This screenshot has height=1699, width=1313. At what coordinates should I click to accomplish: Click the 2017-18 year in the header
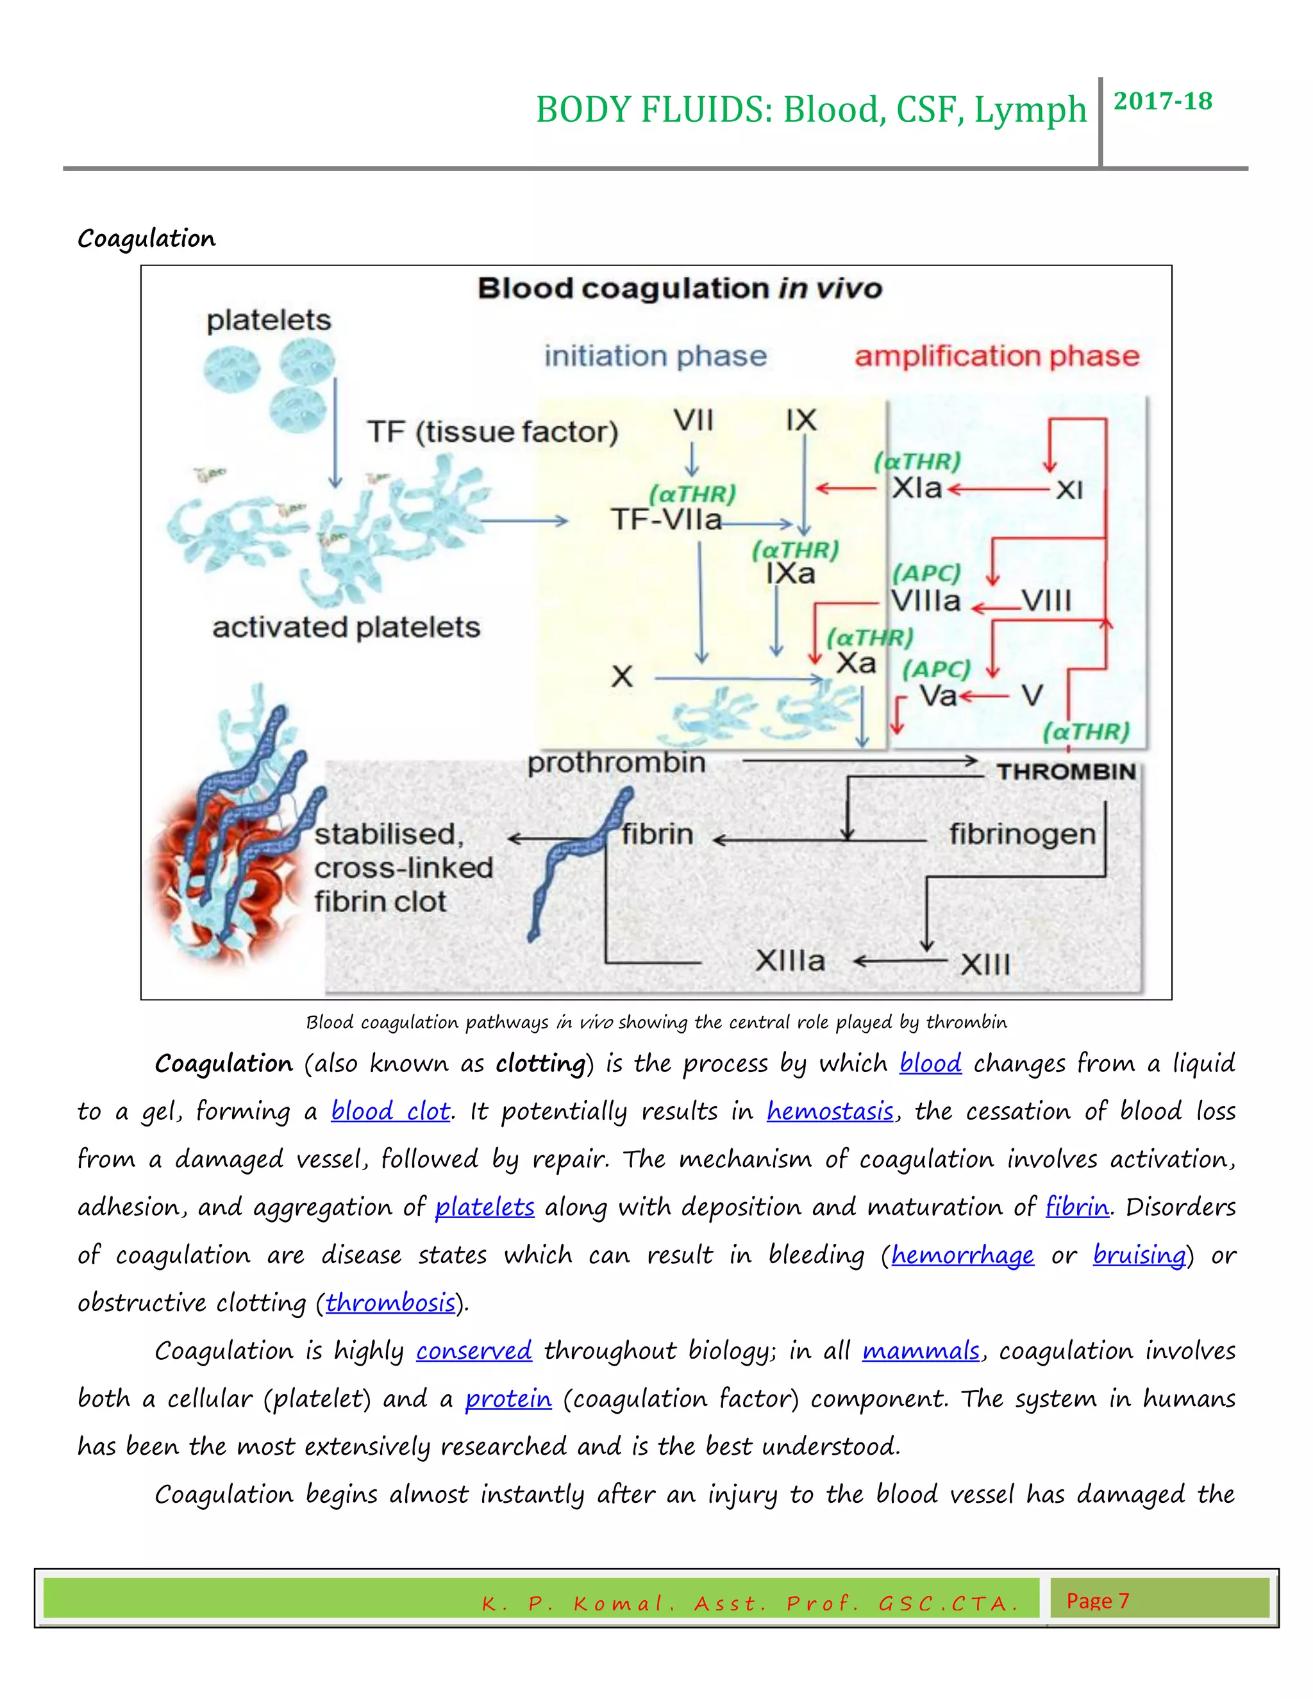pyautogui.click(x=1162, y=101)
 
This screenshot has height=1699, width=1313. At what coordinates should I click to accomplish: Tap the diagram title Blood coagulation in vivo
pyautogui.click(x=679, y=289)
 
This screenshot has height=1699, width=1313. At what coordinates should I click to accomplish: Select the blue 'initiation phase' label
pyautogui.click(x=655, y=356)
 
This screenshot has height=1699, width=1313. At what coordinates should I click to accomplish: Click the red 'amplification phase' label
pyautogui.click(x=996, y=356)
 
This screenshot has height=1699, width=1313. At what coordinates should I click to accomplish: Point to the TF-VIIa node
pyautogui.click(x=666, y=519)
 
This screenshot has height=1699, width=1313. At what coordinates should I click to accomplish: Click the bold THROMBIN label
pyautogui.click(x=1066, y=772)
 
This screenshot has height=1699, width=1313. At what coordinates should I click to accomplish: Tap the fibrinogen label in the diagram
pyautogui.click(x=1022, y=834)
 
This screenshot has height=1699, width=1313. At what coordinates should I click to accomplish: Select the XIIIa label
pyautogui.click(x=789, y=961)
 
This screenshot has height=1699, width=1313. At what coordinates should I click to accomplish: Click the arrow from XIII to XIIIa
pyautogui.click(x=900, y=962)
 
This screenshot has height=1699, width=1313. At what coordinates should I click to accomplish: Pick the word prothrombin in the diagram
pyautogui.click(x=616, y=762)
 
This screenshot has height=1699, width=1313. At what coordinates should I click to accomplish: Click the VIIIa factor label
pyautogui.click(x=926, y=601)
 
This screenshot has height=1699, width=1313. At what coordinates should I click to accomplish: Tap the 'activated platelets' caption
pyautogui.click(x=346, y=627)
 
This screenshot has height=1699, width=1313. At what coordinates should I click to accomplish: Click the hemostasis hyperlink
pyautogui.click(x=830, y=1111)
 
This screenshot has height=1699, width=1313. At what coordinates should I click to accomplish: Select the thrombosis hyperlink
pyautogui.click(x=390, y=1302)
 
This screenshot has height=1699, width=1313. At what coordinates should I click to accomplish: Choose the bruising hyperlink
pyautogui.click(x=1139, y=1255)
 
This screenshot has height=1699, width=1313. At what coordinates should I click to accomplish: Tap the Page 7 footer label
pyautogui.click(x=1097, y=1600)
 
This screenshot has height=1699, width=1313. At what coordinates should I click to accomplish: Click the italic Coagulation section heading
pyautogui.click(x=146, y=238)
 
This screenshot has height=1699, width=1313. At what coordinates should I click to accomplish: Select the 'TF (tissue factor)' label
pyautogui.click(x=492, y=431)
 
